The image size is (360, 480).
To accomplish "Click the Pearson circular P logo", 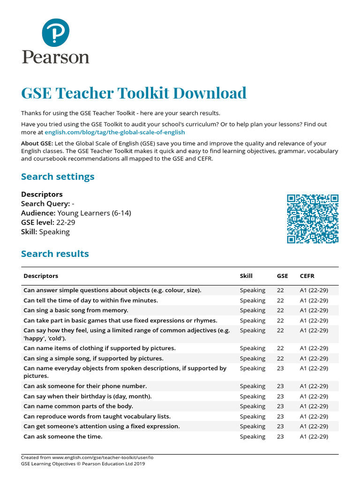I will tap(55, 32).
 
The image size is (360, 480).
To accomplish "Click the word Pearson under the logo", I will tap(55, 57).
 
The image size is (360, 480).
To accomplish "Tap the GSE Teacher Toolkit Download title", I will tap(134, 93).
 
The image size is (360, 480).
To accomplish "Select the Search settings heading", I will tap(58, 177).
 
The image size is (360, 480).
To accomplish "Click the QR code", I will tap(313, 218).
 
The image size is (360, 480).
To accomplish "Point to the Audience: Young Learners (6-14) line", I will tap(76, 213).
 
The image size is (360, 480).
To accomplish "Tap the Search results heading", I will tap(55, 254).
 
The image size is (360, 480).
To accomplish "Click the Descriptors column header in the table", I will tap(41, 276).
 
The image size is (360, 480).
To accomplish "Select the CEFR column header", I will tap(307, 276).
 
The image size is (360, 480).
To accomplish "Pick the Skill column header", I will tap(246, 276).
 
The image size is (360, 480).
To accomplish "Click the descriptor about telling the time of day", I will tap(91, 300).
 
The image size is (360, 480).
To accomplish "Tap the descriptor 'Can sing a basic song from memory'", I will tap(76, 310).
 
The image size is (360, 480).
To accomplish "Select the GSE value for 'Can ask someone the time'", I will tap(280, 436).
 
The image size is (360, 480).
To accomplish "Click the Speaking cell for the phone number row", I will tap(252, 386).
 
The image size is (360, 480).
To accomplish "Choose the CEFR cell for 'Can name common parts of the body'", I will tap(314, 406).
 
